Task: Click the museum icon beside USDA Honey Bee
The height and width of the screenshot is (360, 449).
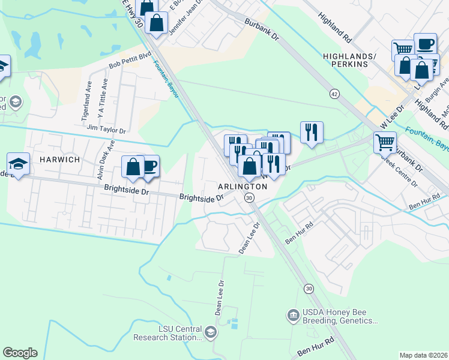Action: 293,314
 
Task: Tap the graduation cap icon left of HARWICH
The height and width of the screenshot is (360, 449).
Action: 18,163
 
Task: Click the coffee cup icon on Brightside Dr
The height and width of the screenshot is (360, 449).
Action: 148,166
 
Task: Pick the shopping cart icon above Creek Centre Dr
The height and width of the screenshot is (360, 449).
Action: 384,142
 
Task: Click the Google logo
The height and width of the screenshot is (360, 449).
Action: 20,353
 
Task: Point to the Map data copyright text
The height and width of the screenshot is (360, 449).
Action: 423,355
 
